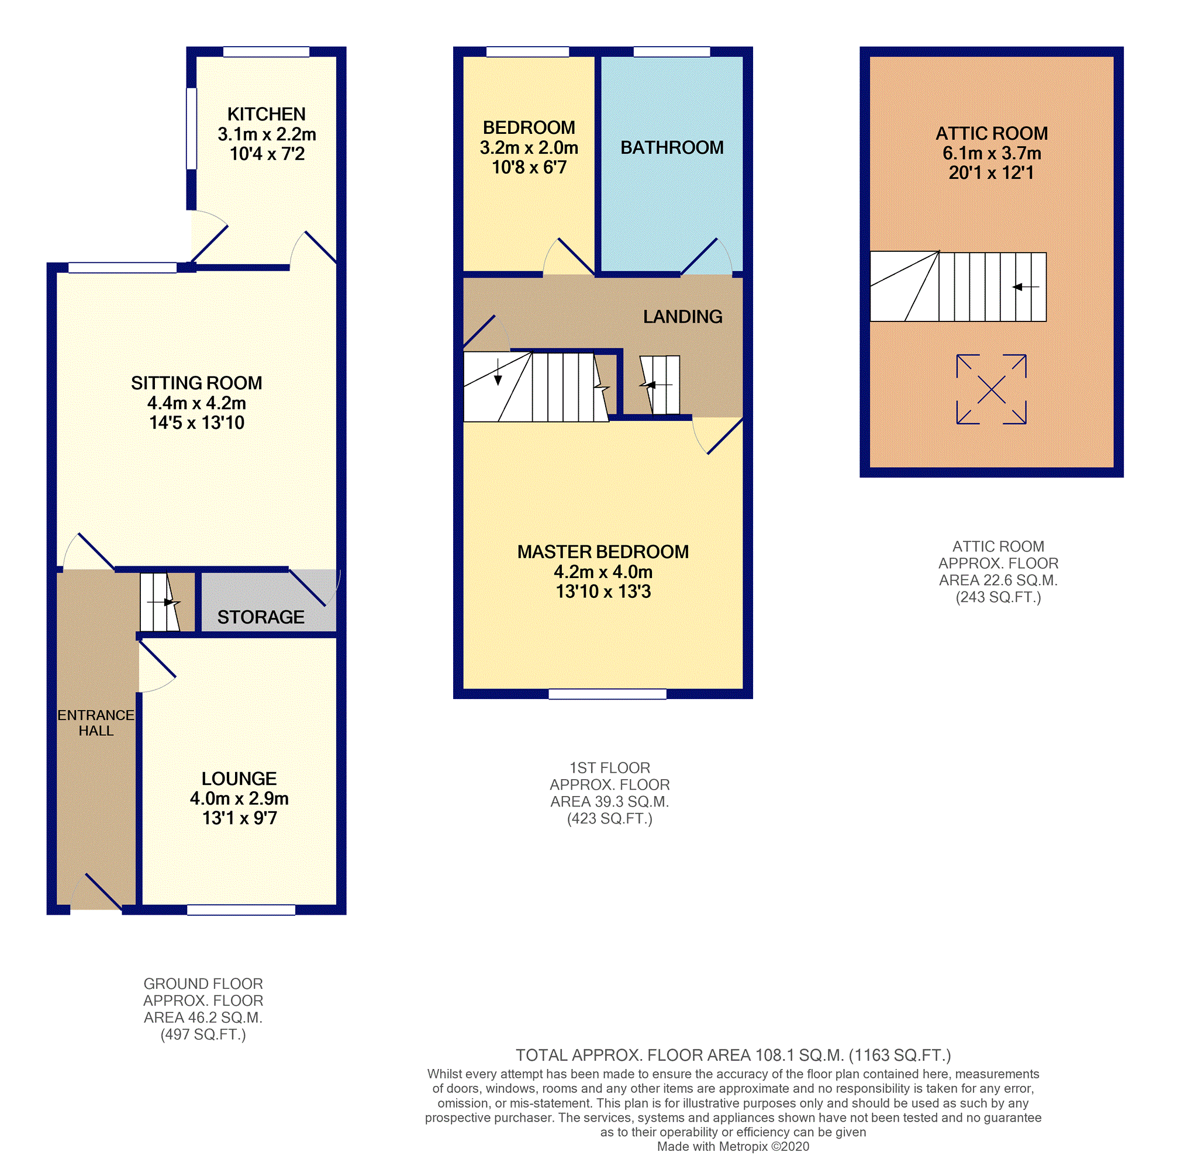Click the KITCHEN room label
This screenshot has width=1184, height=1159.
pyautogui.click(x=266, y=115)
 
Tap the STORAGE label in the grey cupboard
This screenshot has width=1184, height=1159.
pyautogui.click(x=261, y=617)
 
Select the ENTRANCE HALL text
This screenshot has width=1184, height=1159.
pyautogui.click(x=96, y=722)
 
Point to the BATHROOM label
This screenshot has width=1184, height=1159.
pyautogui.click(x=672, y=147)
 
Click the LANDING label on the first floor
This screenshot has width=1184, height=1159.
pyautogui.click(x=682, y=317)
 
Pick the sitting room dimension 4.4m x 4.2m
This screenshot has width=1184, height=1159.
pyautogui.click(x=196, y=403)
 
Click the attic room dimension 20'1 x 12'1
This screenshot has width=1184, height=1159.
pyautogui.click(x=991, y=173)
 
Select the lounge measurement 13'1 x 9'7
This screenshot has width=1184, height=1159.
pyautogui.click(x=239, y=818)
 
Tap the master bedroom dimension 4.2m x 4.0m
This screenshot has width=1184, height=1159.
pyautogui.click(x=603, y=572)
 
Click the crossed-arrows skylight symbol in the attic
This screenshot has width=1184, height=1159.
pyautogui.click(x=991, y=390)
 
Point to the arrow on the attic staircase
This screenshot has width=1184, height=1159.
pyautogui.click(x=1025, y=287)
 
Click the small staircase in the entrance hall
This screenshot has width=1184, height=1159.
pyautogui.click(x=159, y=602)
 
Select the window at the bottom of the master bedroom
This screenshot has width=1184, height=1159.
pyautogui.click(x=607, y=694)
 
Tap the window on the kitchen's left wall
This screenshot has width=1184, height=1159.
pyautogui.click(x=191, y=128)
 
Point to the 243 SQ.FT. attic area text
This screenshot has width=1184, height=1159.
pyautogui.click(x=997, y=597)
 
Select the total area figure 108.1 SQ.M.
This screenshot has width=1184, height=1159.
pyautogui.click(x=799, y=1055)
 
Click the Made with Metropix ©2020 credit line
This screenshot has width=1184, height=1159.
pyautogui.click(x=733, y=1147)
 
